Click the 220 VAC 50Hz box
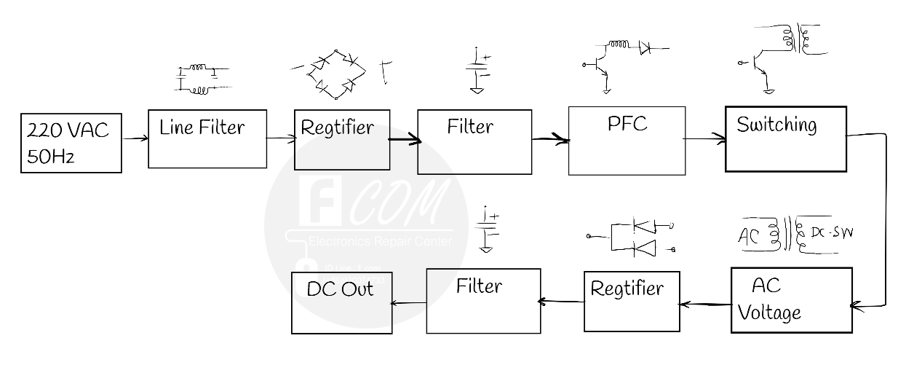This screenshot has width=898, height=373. pos(71,143)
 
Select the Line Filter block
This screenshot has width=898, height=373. pos(207,138)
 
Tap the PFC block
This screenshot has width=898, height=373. pos(626,141)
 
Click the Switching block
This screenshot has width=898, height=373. pos(785,138)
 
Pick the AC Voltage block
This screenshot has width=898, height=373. pos(791,299)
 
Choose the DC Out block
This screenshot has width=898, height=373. pos(341,302)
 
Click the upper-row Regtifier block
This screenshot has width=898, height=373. pos(342,140)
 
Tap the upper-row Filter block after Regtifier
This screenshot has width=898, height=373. pos(474,141)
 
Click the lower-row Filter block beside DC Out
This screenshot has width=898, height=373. pos(483,300)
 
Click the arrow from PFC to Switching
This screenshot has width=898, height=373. pos(705,138)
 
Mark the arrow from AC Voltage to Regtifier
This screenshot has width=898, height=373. pos(705,304)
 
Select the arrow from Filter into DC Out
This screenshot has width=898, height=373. pos(409,302)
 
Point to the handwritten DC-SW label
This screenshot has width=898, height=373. pos(825,233)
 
